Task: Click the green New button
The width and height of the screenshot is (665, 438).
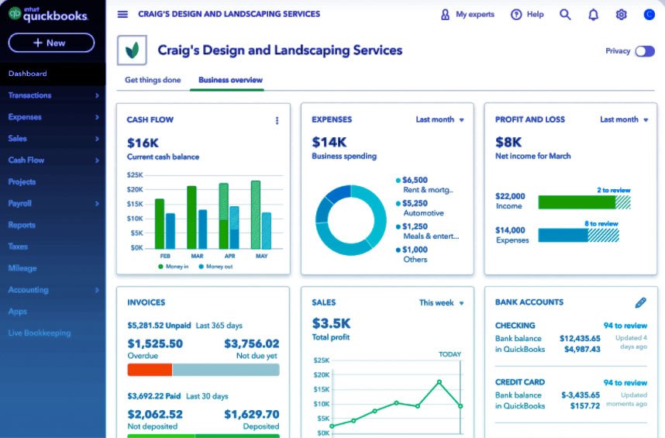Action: click(x=51, y=43)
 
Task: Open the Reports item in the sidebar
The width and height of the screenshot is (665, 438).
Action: click(x=22, y=225)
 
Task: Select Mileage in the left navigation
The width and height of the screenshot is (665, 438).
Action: click(x=22, y=268)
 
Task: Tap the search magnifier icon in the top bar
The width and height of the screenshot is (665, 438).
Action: click(x=565, y=15)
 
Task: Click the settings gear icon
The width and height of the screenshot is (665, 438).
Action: click(x=621, y=15)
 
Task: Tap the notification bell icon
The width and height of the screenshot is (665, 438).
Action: click(x=593, y=15)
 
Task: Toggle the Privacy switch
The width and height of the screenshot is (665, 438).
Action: click(x=644, y=51)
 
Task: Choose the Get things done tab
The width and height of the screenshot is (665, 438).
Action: click(x=153, y=80)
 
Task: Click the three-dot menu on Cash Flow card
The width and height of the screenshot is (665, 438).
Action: click(x=277, y=120)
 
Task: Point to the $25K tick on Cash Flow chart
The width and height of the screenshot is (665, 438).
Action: click(x=135, y=174)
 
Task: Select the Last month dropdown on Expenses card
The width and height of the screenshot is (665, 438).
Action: click(x=439, y=119)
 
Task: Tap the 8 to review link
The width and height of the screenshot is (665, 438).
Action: click(x=601, y=223)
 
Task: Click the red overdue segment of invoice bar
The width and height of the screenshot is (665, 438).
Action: click(x=149, y=370)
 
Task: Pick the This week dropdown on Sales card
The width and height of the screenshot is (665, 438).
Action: click(x=441, y=303)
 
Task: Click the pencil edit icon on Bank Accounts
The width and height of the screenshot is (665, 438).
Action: click(x=640, y=302)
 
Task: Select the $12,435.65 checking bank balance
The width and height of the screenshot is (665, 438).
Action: click(x=579, y=338)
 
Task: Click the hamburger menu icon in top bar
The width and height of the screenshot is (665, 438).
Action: click(x=122, y=15)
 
